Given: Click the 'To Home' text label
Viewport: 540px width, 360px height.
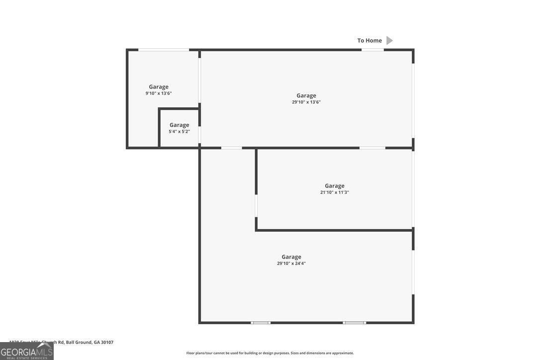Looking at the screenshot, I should coord(369,41).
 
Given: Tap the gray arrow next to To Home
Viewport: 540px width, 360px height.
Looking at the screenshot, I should coord(390,41).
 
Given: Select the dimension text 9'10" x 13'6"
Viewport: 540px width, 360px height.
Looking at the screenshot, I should coord(159,93).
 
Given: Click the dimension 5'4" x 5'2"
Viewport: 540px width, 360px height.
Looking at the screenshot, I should coord(179,132).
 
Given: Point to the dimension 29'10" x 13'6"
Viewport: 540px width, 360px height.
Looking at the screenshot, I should coord(306,102).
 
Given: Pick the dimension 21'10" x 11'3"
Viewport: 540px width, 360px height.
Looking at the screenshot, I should coord(335,192).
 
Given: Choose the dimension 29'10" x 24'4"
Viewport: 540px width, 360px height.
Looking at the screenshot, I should coord(291,264).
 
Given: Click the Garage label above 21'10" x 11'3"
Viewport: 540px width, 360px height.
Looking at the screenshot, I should coord(335,186).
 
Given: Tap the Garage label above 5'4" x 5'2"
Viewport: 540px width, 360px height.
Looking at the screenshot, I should coord(179,125).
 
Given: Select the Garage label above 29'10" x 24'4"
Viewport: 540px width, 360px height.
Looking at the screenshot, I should coord(291,257).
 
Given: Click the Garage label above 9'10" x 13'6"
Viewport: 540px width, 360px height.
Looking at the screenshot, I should coord(159,87).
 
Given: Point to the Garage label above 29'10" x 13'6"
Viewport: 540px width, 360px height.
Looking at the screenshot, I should coord(306,95).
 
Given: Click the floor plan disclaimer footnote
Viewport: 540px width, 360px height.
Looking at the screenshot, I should coord(270,353).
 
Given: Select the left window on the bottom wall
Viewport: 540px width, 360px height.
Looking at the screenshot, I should coord(261,323).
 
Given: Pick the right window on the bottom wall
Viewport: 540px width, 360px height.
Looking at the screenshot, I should coord(354,323).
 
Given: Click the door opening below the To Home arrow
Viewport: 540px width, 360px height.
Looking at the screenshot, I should coord(372,50).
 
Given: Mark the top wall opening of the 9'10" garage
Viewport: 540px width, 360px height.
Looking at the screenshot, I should coord(164,50).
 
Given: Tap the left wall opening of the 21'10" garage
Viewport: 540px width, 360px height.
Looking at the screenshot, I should coord(256,205).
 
